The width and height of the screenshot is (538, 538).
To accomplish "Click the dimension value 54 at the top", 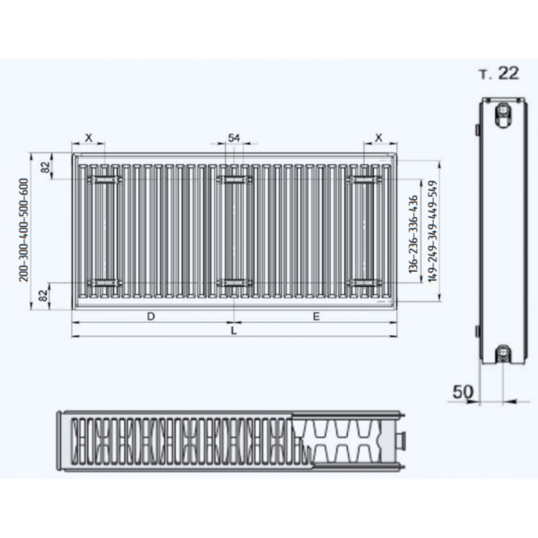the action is coord(234,138).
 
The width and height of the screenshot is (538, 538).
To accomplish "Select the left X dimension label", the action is coord(89,138).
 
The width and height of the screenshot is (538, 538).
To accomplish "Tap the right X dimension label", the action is coord(378,138).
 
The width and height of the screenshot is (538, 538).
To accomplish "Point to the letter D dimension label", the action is coord(151,317).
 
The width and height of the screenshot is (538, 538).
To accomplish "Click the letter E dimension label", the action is coord(317,317).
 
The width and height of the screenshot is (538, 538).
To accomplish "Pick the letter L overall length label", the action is coord(234,331).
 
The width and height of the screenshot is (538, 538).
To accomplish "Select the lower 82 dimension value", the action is coord(43,295).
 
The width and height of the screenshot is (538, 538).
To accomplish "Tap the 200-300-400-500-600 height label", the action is coord(23,230).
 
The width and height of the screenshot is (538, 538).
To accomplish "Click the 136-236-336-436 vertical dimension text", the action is coord(413,234).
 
